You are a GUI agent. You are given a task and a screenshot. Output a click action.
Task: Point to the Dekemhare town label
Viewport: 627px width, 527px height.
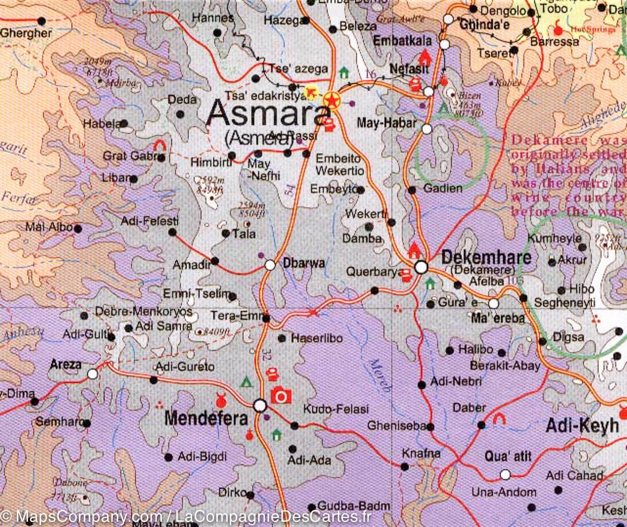(x=486, y=257)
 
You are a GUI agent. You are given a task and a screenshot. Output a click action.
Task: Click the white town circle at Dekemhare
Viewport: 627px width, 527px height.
(x=421, y=267)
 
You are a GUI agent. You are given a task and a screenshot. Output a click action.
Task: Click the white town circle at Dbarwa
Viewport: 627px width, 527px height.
(x=270, y=265)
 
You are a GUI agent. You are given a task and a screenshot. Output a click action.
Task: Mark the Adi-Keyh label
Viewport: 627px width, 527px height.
(x=582, y=426)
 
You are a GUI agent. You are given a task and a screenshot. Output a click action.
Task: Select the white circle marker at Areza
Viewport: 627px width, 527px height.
(x=92, y=374)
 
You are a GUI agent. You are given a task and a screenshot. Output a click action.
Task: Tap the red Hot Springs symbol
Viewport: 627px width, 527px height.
(x=559, y=25)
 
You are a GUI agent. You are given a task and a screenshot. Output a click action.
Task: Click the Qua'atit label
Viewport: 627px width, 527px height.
(x=508, y=456)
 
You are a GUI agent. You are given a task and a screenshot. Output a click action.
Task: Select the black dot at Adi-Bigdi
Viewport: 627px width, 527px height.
(x=168, y=458)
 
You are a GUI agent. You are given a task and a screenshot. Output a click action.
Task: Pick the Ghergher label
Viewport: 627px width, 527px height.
(x=26, y=33)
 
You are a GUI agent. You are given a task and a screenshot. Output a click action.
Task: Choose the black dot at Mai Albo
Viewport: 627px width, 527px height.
(x=78, y=228)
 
